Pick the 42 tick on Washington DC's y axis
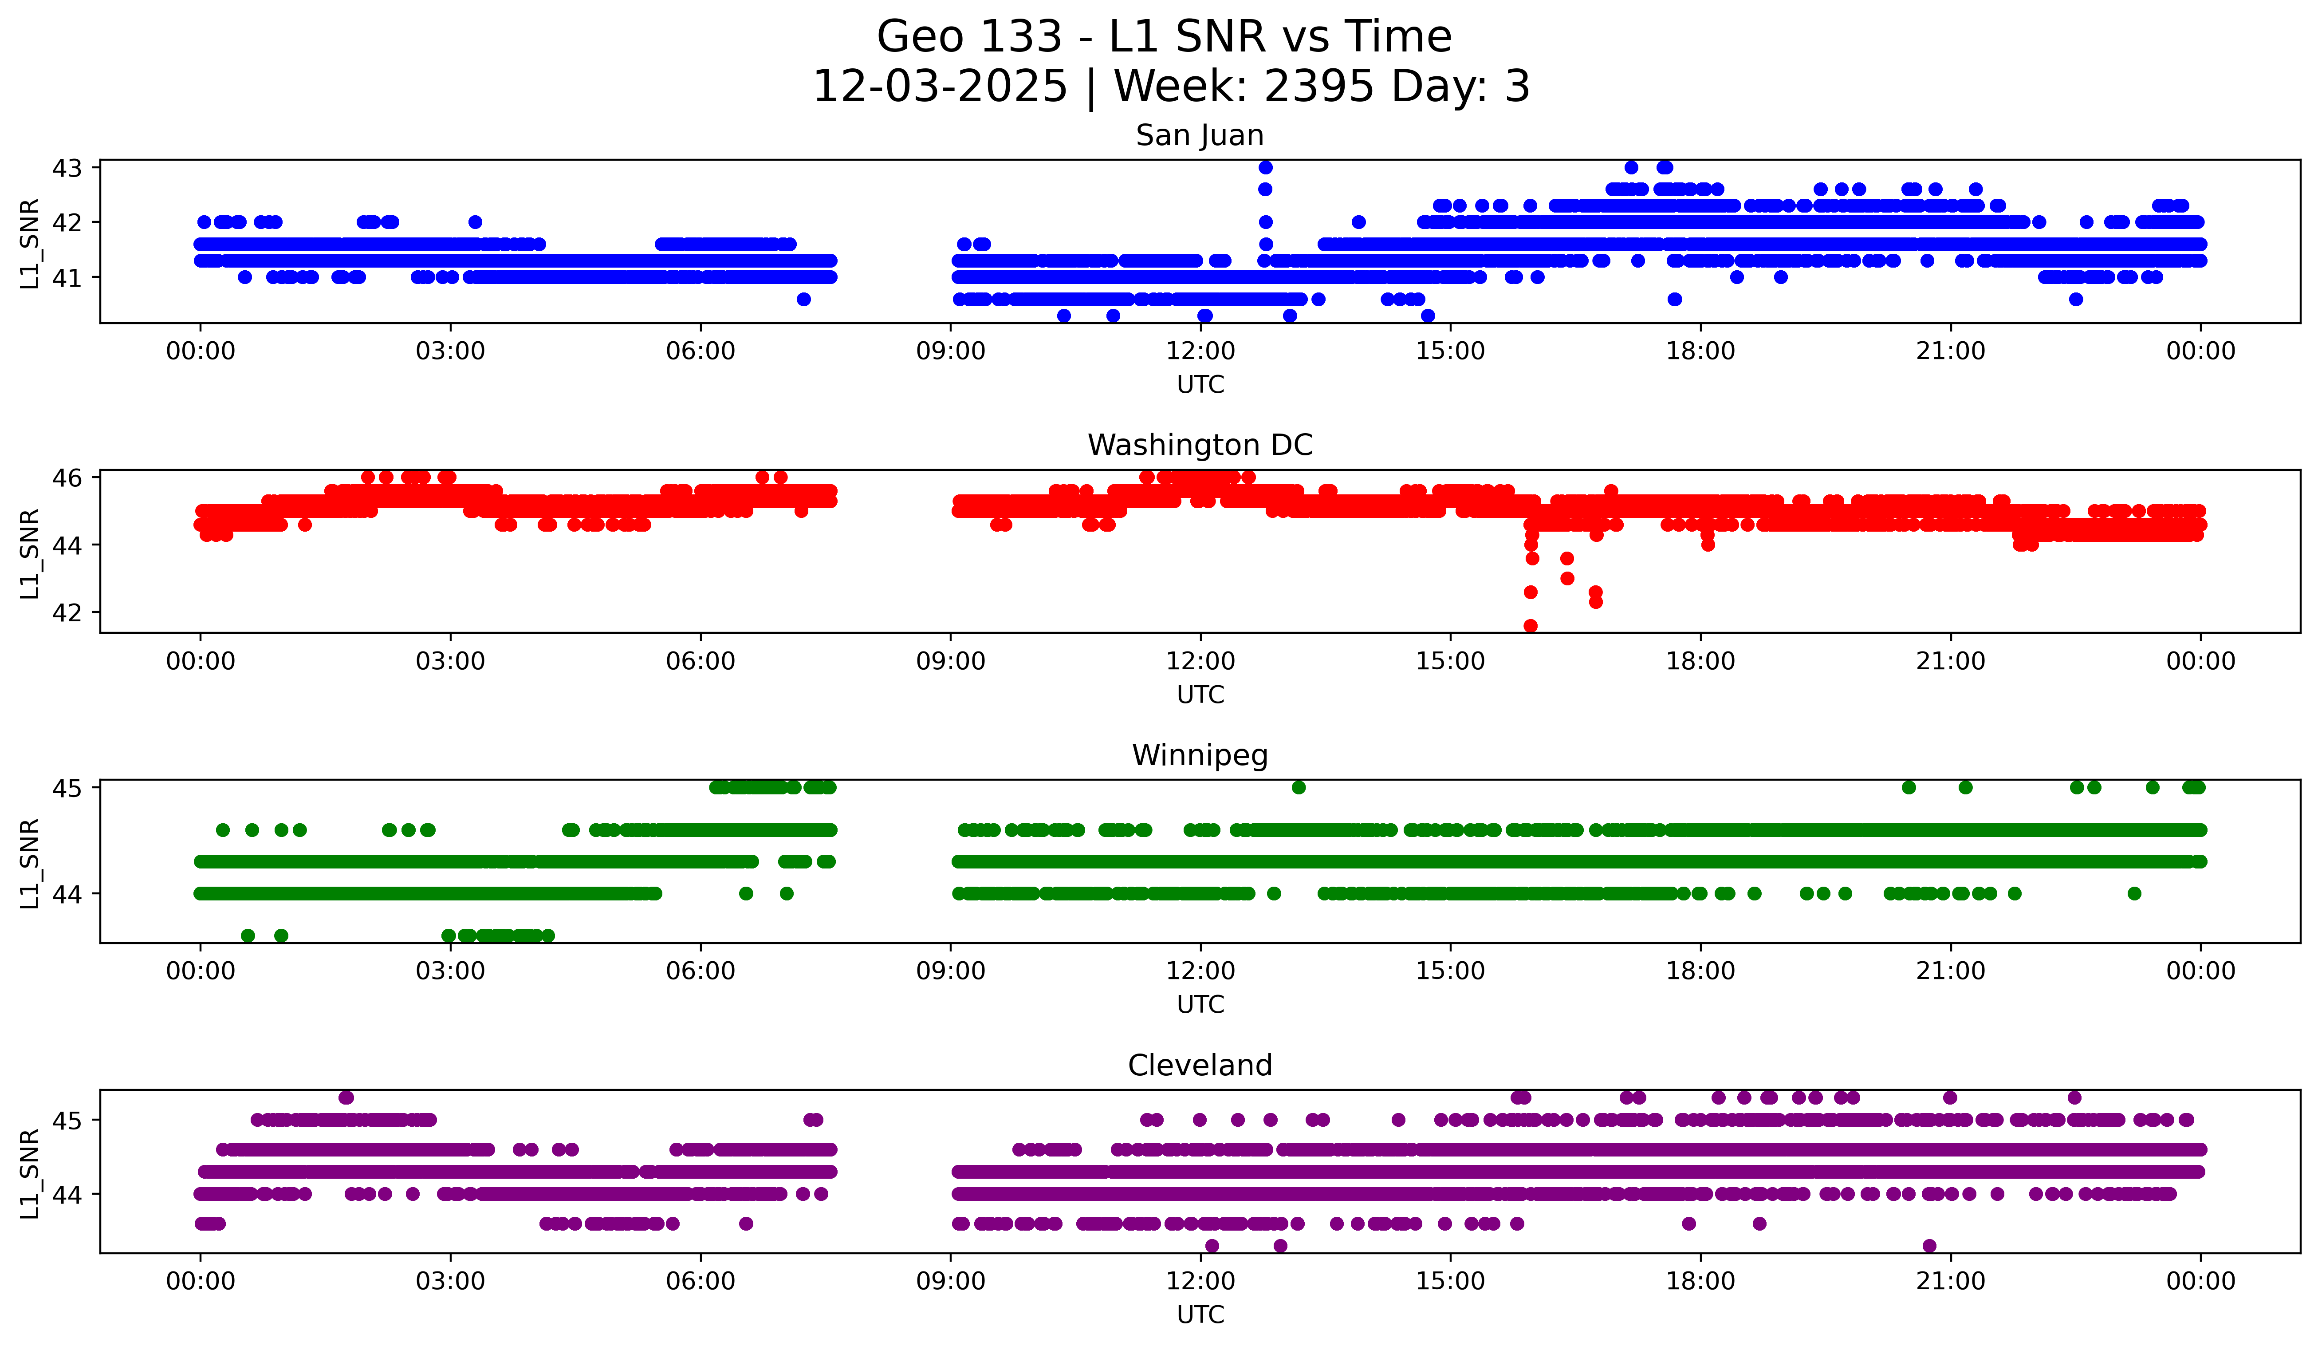click(x=67, y=613)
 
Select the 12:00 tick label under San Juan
click(x=1200, y=351)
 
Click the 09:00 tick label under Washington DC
click(x=950, y=662)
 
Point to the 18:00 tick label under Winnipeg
click(x=1700, y=971)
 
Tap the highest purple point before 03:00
click(x=346, y=1097)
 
